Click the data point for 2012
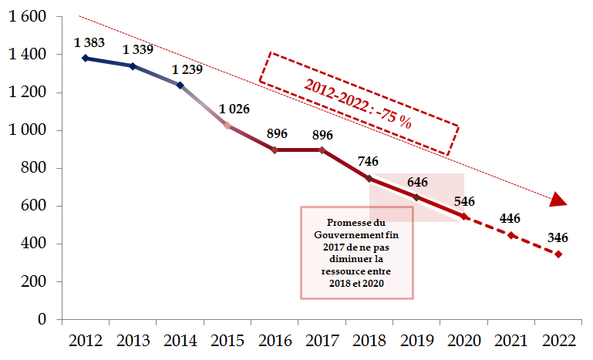coord(85,58)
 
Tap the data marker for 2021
coord(510,235)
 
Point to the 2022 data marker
coord(558,254)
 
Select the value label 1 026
coord(234,109)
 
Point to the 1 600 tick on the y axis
coord(28,17)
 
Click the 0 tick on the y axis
coord(42,319)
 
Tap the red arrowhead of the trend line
coord(558,200)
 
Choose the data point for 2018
coord(369,179)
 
